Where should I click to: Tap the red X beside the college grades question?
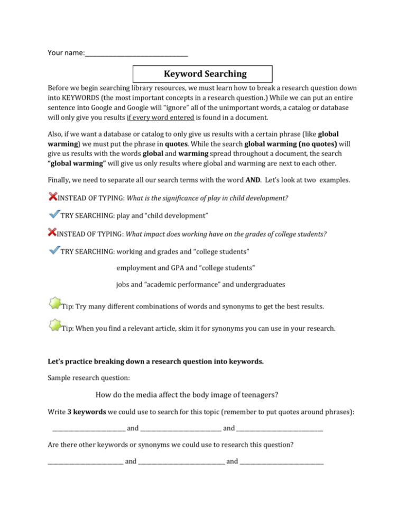[x=52, y=231]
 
